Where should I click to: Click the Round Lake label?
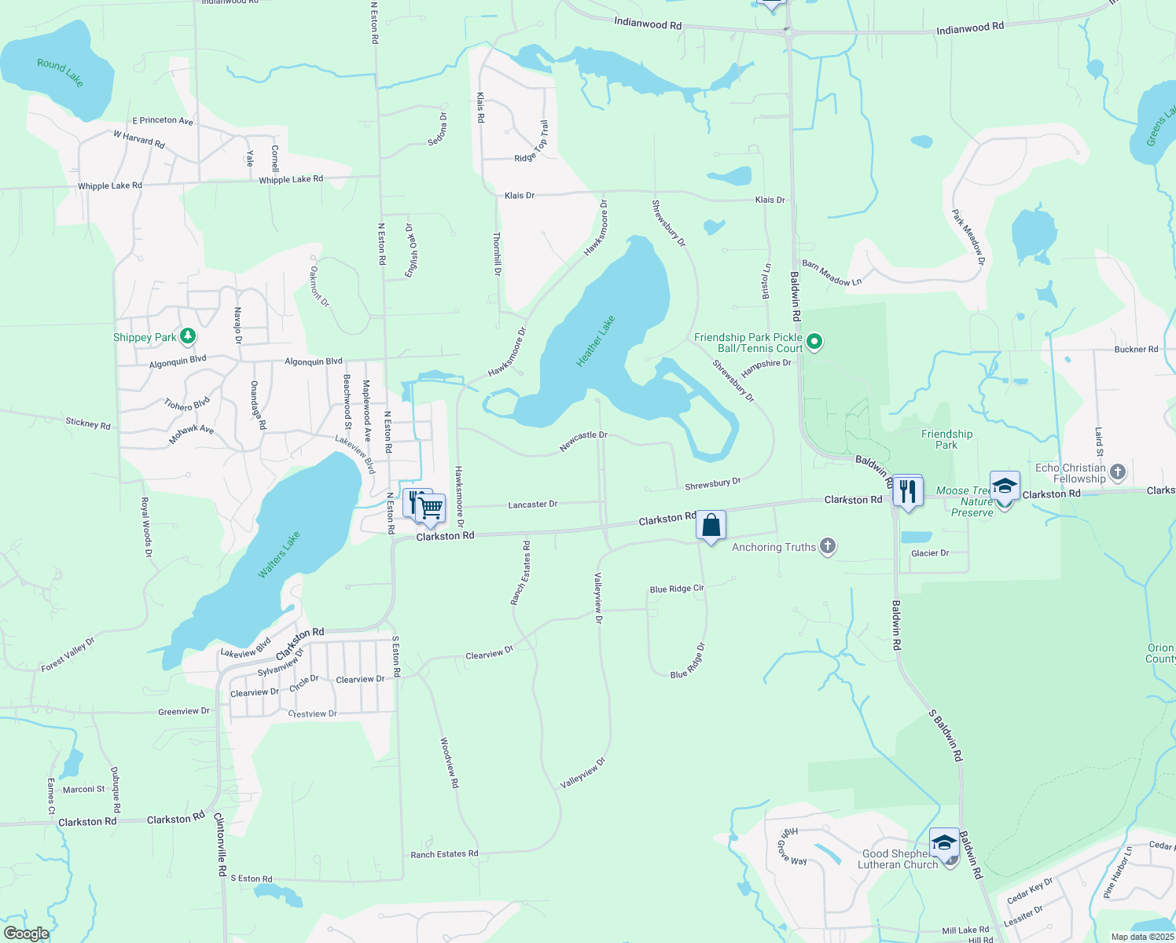click(61, 72)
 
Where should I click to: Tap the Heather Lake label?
click(596, 341)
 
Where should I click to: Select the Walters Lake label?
click(279, 555)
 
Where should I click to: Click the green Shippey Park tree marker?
click(187, 337)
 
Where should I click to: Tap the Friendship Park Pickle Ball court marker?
click(815, 342)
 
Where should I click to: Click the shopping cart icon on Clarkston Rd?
click(431, 508)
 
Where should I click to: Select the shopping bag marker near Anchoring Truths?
click(711, 525)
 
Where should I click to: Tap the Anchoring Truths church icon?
click(827, 546)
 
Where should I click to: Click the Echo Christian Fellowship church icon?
click(1118, 472)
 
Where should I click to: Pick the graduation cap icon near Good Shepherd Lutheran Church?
click(943, 843)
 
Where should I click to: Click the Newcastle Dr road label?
click(583, 441)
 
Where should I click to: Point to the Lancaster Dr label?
click(532, 505)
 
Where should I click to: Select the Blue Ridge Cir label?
click(677, 589)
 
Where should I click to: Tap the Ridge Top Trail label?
click(532, 141)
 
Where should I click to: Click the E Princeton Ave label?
click(163, 121)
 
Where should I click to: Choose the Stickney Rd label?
click(88, 424)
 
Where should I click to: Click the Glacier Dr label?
click(930, 553)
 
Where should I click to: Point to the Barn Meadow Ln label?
click(832, 273)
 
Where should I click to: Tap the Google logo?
click(26, 934)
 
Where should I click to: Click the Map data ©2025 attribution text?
click(1142, 937)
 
